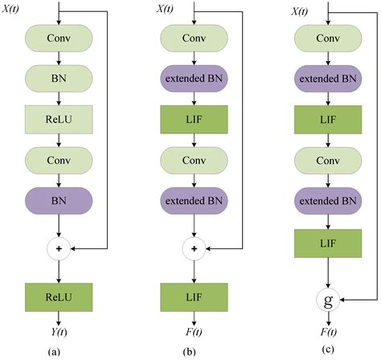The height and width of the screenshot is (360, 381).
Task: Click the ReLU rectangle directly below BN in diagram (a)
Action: (x=60, y=120)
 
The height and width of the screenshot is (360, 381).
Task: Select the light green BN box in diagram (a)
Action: (x=60, y=79)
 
